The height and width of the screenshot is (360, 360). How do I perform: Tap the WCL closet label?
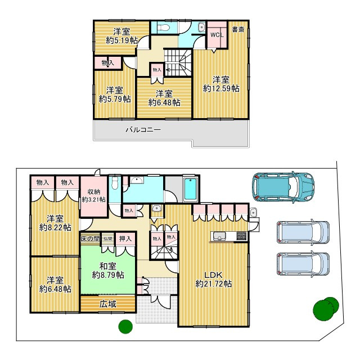coord(217,34)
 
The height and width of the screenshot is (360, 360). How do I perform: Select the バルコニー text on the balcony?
coord(143,130)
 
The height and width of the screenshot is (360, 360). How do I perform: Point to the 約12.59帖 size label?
coord(221,88)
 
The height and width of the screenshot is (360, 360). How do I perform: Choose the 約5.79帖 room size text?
coord(115,99)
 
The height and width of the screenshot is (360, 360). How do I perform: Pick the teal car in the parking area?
coord(283,186)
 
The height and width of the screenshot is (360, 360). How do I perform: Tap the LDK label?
coord(213,274)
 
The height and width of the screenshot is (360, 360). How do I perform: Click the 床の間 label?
coord(90,238)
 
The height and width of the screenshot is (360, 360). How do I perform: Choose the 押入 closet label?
coord(125,238)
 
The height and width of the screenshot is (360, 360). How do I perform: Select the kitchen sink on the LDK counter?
coord(219,236)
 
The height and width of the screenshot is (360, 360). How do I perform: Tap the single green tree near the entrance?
coord(125,326)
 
